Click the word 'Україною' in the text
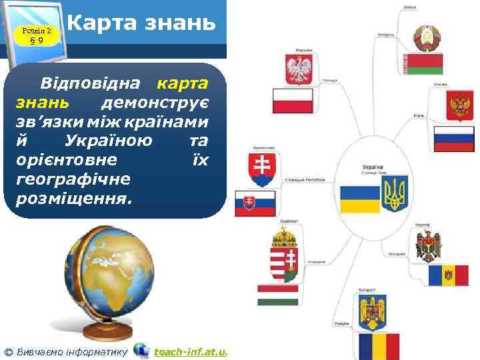109,141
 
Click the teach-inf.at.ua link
190,351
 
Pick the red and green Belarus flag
425,64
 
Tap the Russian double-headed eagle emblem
459,107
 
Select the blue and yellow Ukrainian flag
359,199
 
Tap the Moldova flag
448,275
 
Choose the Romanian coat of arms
373,313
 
